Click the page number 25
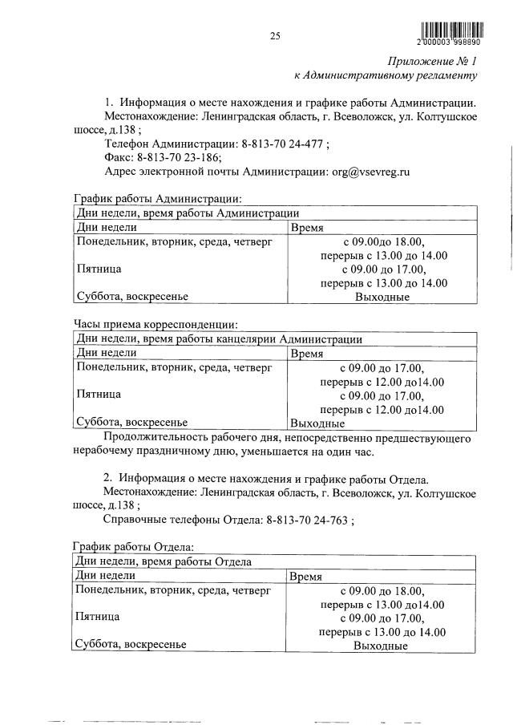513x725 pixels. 274,35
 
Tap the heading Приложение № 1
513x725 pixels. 433,61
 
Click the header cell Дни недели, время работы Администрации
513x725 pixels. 188,213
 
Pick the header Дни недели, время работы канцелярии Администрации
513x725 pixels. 218,339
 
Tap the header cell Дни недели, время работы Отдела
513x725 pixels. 164,561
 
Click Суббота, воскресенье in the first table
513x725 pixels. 131,297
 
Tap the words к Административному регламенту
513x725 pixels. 386,76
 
